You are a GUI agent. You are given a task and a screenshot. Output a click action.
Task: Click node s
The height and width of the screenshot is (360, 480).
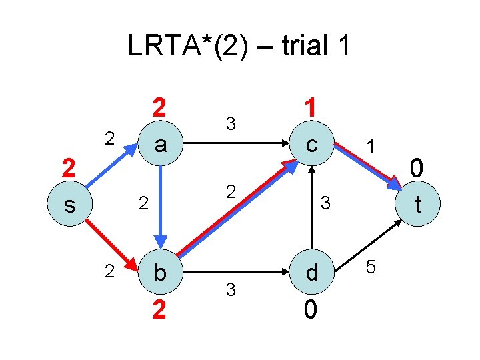coord(69,205)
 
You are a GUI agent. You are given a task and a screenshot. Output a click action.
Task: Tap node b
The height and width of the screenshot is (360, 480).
coord(160,272)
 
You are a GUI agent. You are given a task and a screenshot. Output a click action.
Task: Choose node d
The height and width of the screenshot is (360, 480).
coord(311,272)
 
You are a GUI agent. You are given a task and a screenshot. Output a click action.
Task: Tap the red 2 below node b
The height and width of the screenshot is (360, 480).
coord(159,309)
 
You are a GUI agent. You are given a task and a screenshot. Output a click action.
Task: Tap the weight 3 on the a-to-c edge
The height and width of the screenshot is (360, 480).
coord(231,123)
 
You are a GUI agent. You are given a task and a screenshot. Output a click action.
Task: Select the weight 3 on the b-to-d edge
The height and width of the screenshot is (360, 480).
coord(231,290)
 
